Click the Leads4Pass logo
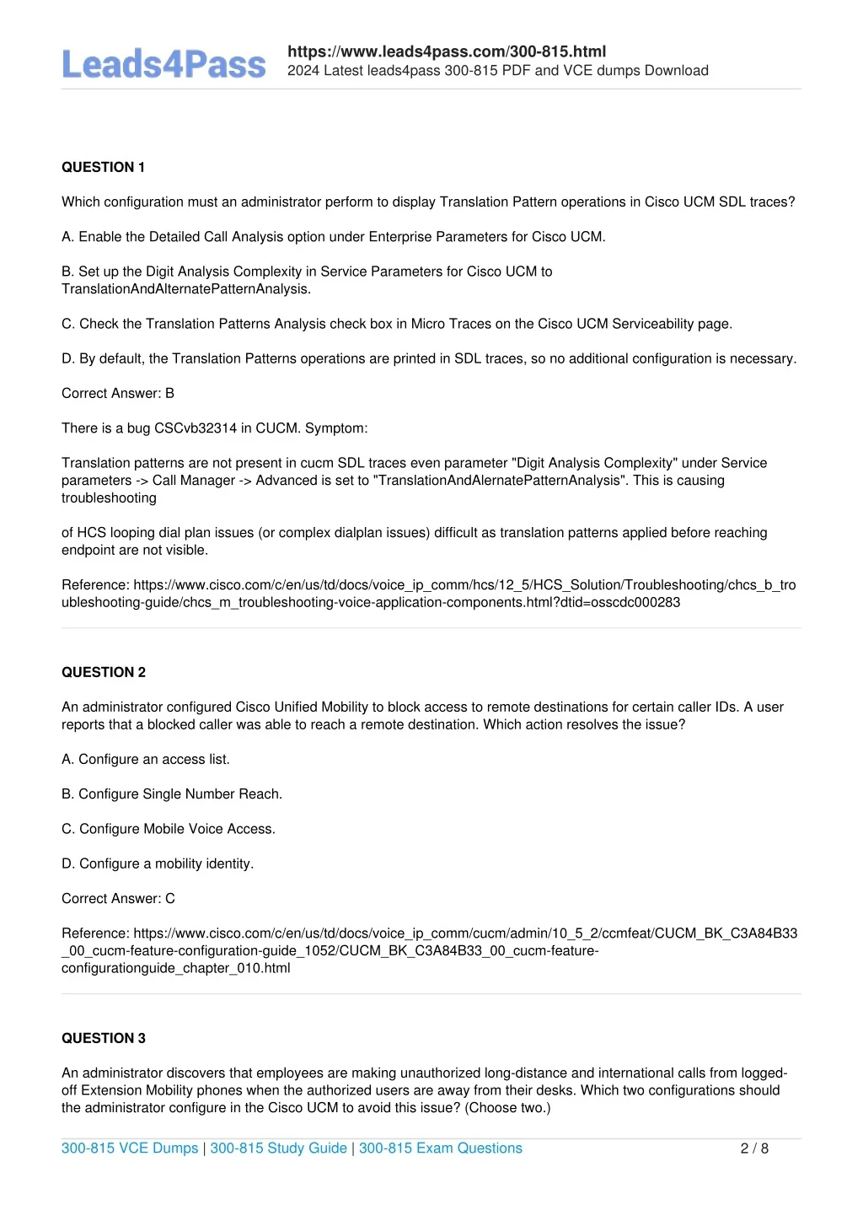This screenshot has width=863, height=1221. click(163, 65)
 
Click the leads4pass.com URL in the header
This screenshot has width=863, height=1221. click(447, 51)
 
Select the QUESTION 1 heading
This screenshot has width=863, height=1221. click(103, 167)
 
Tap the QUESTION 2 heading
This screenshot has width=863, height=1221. click(104, 672)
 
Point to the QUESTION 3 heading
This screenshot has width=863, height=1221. click(104, 1038)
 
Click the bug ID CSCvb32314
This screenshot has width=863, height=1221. click(196, 428)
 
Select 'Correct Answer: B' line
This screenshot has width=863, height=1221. click(118, 394)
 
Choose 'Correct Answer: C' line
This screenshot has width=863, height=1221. click(118, 899)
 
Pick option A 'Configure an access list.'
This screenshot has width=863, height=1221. click(146, 760)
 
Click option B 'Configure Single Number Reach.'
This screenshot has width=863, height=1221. click(172, 794)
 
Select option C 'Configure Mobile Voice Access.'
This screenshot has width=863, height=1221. click(169, 829)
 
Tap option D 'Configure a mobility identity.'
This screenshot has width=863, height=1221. click(158, 863)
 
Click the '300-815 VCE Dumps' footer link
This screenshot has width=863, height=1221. click(130, 1148)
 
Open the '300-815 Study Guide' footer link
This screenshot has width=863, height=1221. click(278, 1148)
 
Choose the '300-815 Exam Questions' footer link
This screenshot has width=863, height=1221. click(441, 1148)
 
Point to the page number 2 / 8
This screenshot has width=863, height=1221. click(754, 1148)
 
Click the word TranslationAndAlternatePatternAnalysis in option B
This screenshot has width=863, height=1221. click(186, 289)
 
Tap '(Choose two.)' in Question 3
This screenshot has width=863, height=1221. click(507, 1108)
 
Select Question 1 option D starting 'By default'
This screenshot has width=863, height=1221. click(429, 359)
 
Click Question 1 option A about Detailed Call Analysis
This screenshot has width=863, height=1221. click(334, 237)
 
